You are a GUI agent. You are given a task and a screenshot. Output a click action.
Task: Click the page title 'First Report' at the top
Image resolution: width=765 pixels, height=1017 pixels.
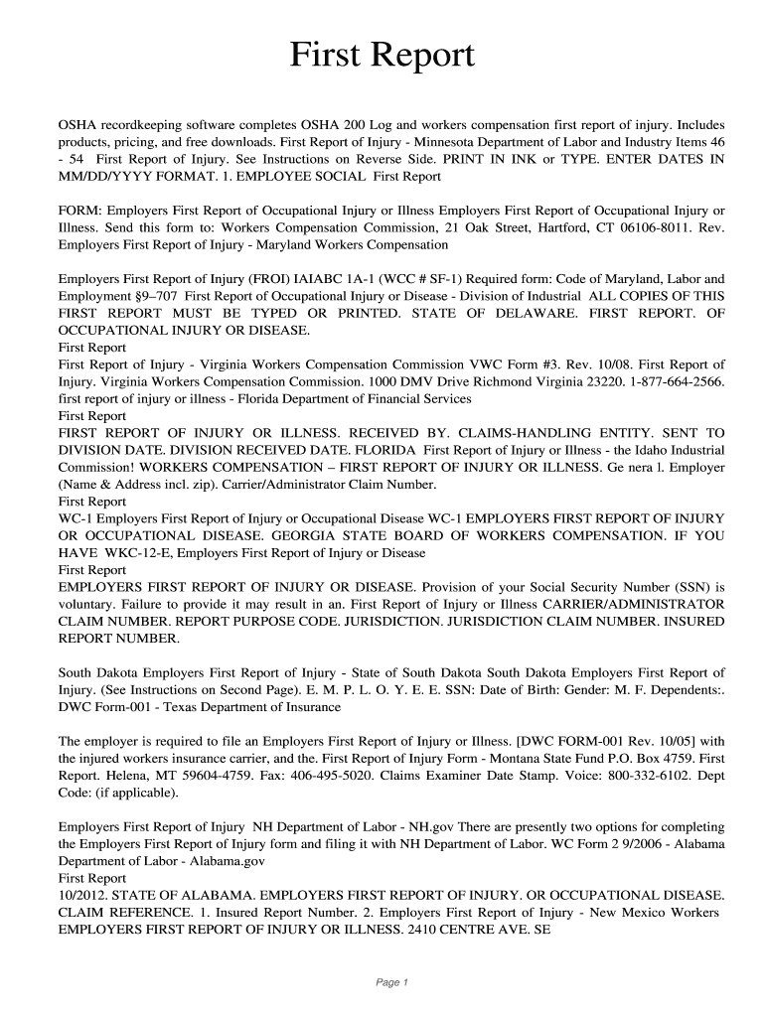382,56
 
